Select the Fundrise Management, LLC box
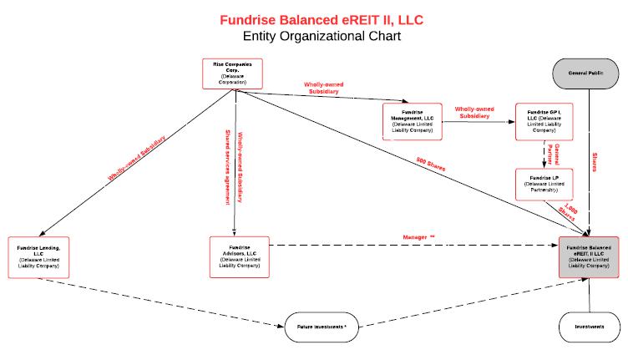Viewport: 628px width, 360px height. click(x=412, y=122)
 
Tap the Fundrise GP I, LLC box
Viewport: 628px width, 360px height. click(x=544, y=122)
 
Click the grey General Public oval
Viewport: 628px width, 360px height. click(x=590, y=74)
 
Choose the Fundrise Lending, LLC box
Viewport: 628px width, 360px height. click(x=39, y=257)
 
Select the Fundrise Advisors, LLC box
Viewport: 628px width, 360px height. click(x=241, y=257)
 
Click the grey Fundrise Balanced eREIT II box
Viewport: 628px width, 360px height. click(x=590, y=256)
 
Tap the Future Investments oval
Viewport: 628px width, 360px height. click(x=322, y=327)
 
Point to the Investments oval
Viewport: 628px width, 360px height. click(x=590, y=327)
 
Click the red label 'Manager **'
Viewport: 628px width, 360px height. click(x=418, y=239)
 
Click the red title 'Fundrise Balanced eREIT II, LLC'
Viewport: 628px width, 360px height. click(x=316, y=18)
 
